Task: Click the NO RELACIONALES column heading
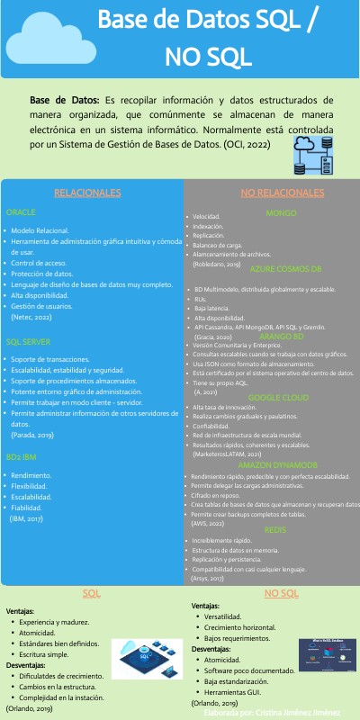274,193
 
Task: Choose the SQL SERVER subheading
30,342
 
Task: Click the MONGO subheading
274,212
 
